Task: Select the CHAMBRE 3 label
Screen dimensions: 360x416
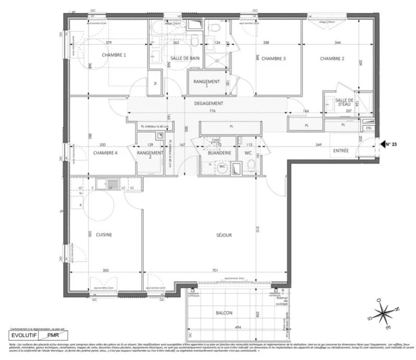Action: coord(273,58)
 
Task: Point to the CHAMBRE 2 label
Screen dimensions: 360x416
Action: coord(332,58)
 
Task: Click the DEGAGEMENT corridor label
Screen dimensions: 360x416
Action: coord(208,104)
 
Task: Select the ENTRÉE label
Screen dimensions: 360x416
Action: coord(341,151)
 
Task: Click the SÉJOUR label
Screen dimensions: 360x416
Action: coord(224,235)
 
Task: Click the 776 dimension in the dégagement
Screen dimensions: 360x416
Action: coord(208,111)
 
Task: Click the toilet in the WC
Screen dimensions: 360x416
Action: coord(251,166)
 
